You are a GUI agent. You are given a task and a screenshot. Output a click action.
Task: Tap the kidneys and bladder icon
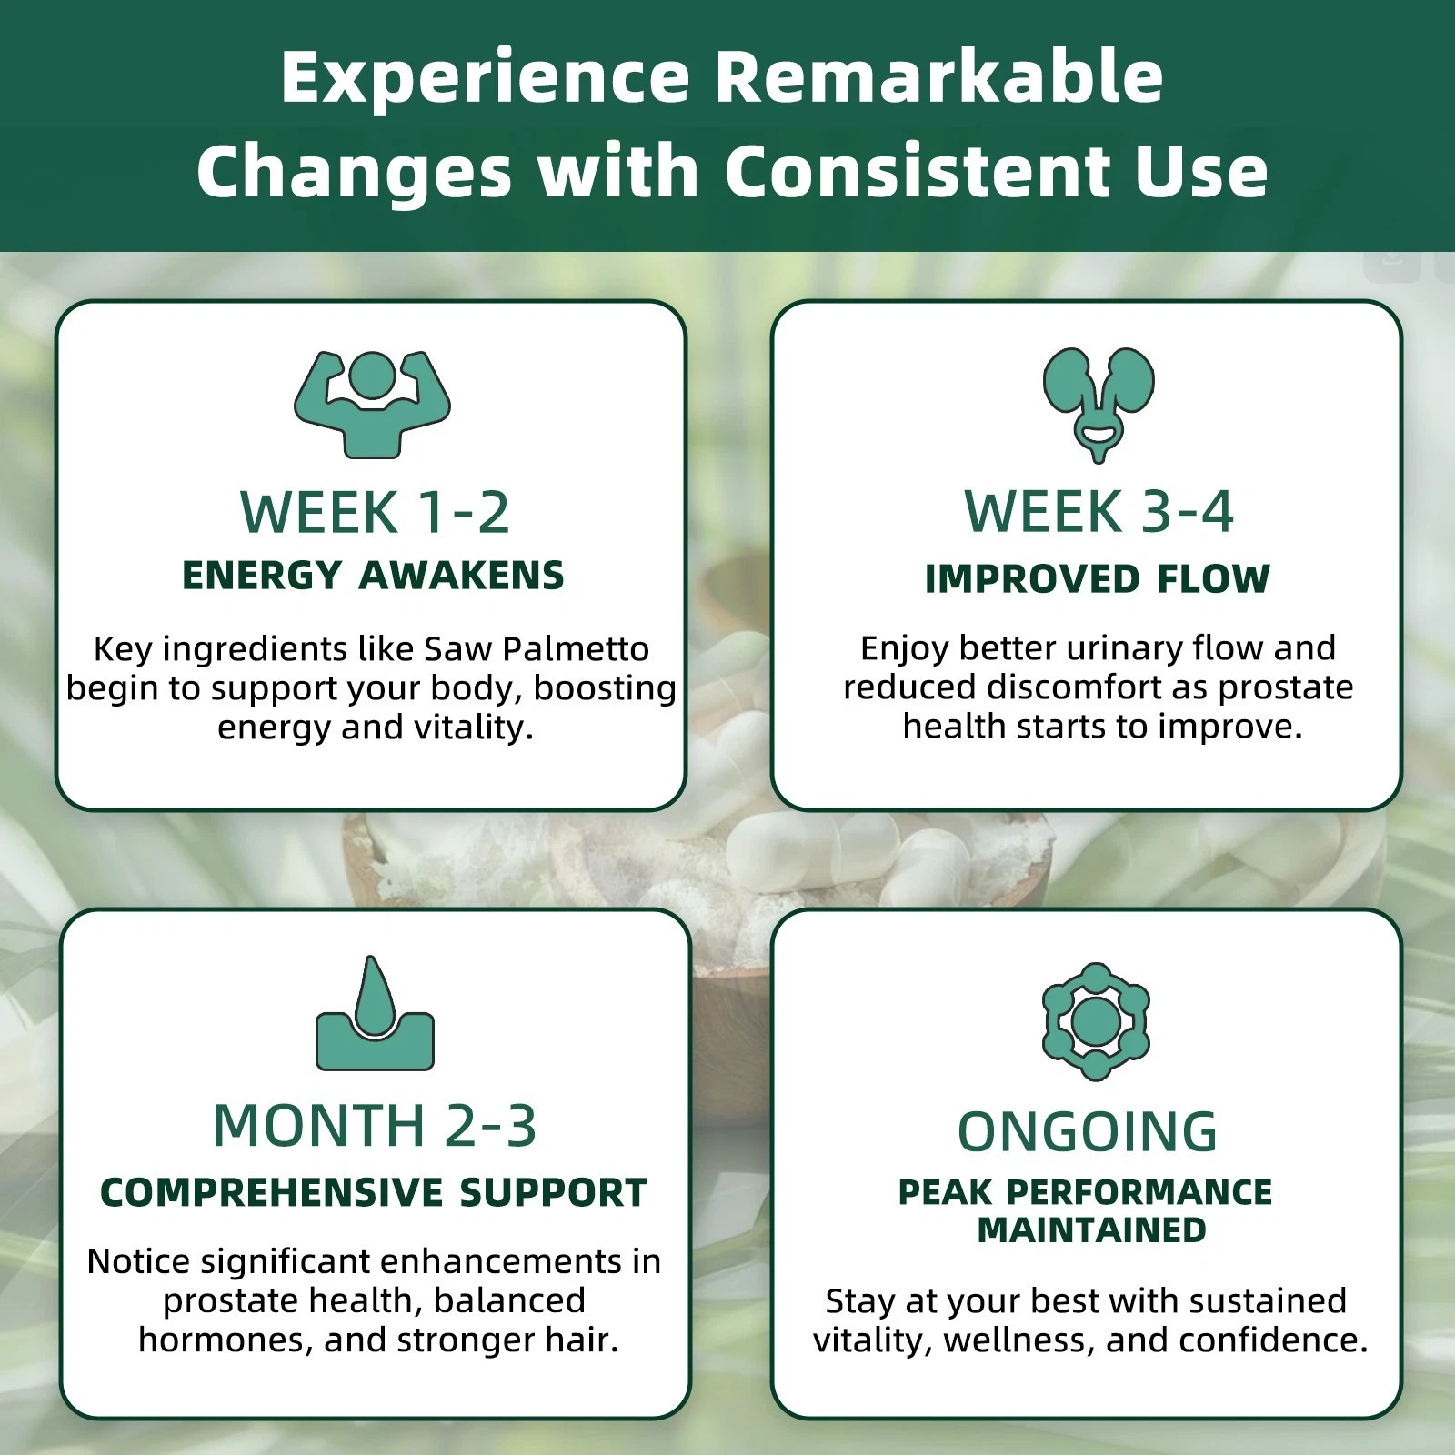pos(1098,404)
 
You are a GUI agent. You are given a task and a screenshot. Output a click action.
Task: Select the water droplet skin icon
pos(375,1013)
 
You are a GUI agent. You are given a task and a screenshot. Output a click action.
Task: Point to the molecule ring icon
pos(1096,1022)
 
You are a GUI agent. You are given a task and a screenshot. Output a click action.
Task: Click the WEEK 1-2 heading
pos(375,512)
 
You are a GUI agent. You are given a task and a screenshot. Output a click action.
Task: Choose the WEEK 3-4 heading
pos(1099,511)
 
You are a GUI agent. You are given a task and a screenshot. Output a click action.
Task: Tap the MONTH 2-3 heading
pos(375,1126)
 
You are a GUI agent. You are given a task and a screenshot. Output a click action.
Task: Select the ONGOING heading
pos(1088,1132)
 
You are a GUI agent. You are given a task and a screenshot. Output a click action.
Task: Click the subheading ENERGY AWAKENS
pos(373,576)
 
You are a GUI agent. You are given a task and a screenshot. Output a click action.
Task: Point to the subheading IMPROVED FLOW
pos(1098,579)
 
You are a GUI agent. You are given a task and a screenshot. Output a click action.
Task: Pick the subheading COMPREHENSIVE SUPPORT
pos(374,1193)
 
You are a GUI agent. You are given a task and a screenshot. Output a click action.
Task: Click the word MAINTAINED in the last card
pos(1091,1230)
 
